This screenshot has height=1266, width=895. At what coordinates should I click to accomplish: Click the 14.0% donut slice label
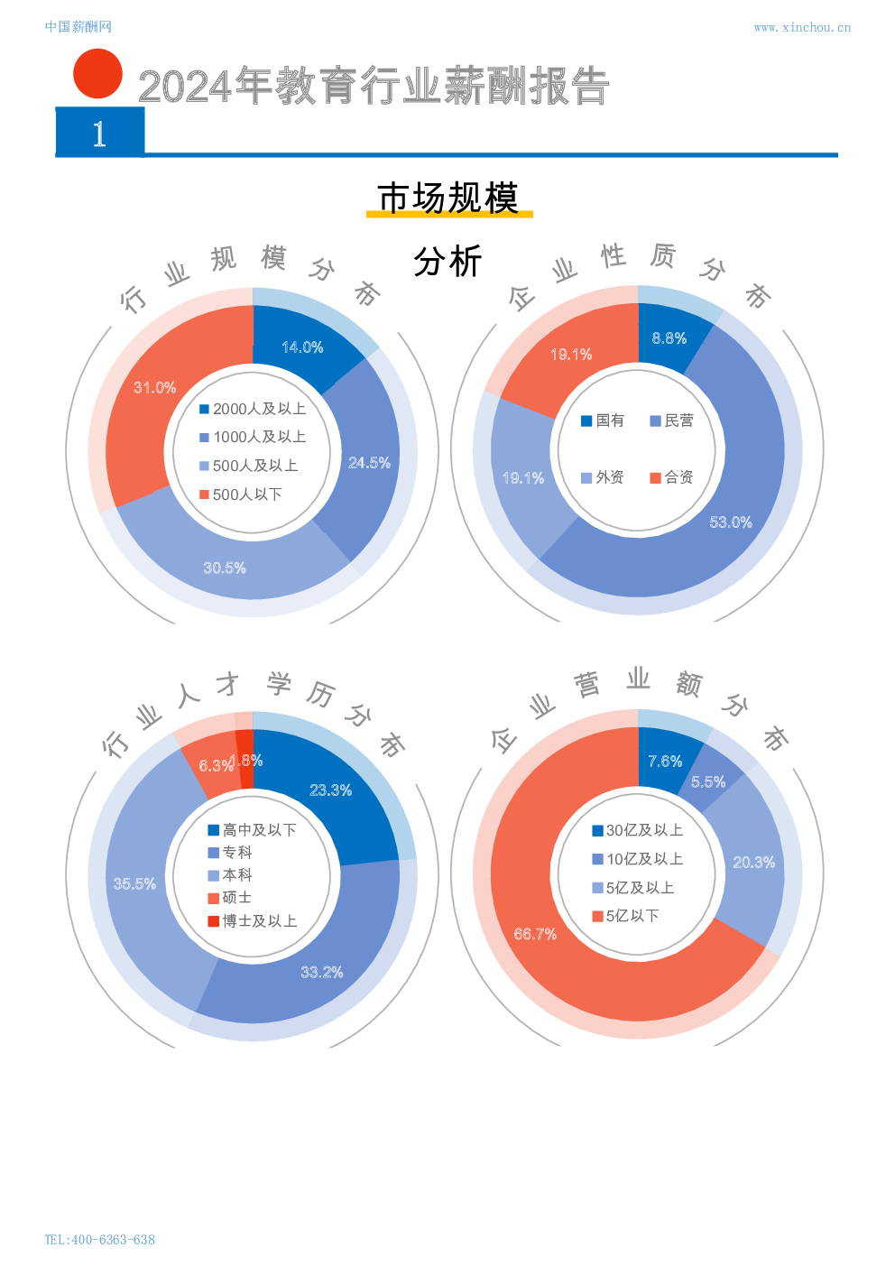(x=302, y=347)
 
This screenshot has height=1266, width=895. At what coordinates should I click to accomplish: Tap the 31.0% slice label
(x=155, y=388)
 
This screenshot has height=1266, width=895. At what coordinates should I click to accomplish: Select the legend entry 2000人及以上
(x=253, y=409)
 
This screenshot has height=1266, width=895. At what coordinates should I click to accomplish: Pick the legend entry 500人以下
(x=241, y=494)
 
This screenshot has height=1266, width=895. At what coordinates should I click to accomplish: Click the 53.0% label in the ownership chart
(x=731, y=522)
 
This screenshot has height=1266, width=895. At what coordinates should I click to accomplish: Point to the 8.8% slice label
(x=669, y=338)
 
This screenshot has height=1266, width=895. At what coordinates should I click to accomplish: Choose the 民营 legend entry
(x=672, y=420)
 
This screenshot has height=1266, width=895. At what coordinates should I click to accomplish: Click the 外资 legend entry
(x=603, y=477)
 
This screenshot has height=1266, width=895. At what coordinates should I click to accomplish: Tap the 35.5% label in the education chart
(x=134, y=884)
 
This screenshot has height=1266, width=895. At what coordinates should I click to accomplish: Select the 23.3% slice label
(x=330, y=790)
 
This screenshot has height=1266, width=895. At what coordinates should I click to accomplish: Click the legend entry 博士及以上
(x=253, y=921)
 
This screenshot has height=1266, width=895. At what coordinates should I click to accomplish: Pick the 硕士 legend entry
(x=230, y=898)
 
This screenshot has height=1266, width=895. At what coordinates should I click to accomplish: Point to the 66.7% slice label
(x=535, y=934)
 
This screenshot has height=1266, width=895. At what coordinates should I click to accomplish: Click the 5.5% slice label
(x=708, y=782)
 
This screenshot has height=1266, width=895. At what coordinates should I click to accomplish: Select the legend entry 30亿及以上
(x=638, y=830)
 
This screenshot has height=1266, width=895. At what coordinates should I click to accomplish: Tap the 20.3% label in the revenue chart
(x=753, y=863)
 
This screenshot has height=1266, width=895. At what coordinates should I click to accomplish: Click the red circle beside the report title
(x=97, y=73)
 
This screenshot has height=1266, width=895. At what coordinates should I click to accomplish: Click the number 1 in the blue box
(x=99, y=134)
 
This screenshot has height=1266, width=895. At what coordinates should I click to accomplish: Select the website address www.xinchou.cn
(x=802, y=27)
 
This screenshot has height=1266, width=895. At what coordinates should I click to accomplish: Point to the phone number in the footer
(x=99, y=1240)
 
